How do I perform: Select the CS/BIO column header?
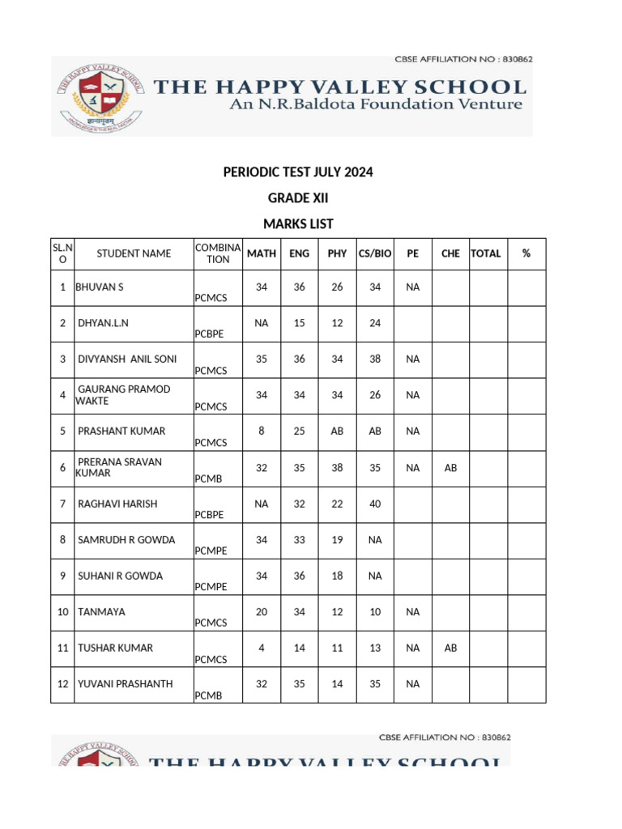coord(375,253)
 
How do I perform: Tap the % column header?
coord(526,253)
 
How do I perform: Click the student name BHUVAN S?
coord(99,287)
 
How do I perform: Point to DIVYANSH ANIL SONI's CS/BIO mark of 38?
coord(375,359)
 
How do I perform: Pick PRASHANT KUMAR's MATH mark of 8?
coord(261,431)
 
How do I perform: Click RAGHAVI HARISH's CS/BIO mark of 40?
coord(375,504)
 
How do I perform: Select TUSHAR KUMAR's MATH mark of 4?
coord(261,648)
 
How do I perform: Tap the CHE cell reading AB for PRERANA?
coord(450,468)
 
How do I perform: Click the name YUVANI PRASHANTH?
coord(125,684)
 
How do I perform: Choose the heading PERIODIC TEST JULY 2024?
coord(298,172)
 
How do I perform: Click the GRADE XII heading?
coord(298,198)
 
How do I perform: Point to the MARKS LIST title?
coord(298,224)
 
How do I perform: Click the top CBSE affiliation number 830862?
coord(515,59)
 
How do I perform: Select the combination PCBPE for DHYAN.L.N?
coord(211,334)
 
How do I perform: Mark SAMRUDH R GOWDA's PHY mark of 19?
coord(337,539)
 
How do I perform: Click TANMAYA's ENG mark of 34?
coord(299,612)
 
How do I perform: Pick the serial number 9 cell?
coord(62,576)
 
